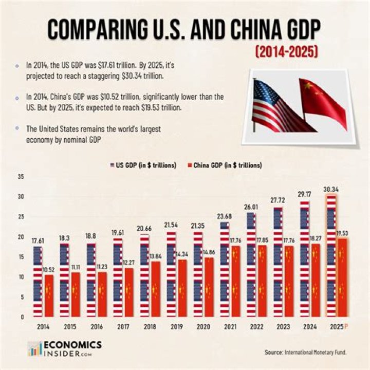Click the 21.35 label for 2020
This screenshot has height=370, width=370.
(x=197, y=226)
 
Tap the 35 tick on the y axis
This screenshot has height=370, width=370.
(x=21, y=177)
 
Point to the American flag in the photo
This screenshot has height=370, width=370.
(x=275, y=105)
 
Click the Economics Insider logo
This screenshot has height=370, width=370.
(x=64, y=348)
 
